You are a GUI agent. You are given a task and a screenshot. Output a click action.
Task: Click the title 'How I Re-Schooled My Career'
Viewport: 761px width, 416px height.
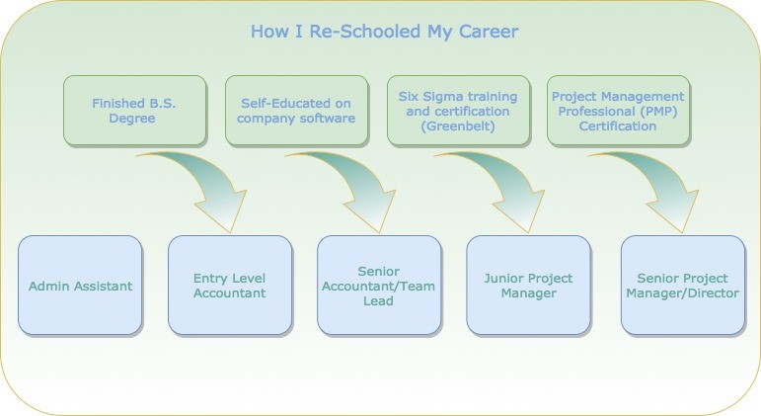point(384,32)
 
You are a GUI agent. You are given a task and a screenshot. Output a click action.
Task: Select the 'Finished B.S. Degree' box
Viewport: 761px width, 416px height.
point(134,111)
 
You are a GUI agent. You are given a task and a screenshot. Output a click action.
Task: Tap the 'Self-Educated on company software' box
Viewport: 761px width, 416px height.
point(296,111)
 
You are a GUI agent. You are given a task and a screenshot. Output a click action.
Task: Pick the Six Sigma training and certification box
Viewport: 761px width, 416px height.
point(458,111)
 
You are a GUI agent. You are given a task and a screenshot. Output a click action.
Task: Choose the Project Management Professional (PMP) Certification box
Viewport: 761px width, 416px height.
point(618,111)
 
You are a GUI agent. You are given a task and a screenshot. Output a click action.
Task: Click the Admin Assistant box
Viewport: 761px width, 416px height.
point(80,286)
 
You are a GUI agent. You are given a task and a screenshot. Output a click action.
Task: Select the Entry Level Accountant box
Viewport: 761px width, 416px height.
point(230,286)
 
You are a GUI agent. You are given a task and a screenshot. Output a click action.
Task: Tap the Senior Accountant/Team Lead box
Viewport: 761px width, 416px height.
point(379,286)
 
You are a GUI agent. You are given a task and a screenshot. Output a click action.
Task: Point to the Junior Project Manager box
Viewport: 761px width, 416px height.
point(528,286)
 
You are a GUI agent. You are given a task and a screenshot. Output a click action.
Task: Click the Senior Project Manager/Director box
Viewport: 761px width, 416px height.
point(682,286)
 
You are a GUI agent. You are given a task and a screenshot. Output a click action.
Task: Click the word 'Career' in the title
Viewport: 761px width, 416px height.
point(489,32)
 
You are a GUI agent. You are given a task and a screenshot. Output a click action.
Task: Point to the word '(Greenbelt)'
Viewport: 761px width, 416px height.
point(458,126)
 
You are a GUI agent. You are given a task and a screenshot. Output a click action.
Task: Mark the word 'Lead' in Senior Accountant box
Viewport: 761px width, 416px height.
point(378,300)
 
